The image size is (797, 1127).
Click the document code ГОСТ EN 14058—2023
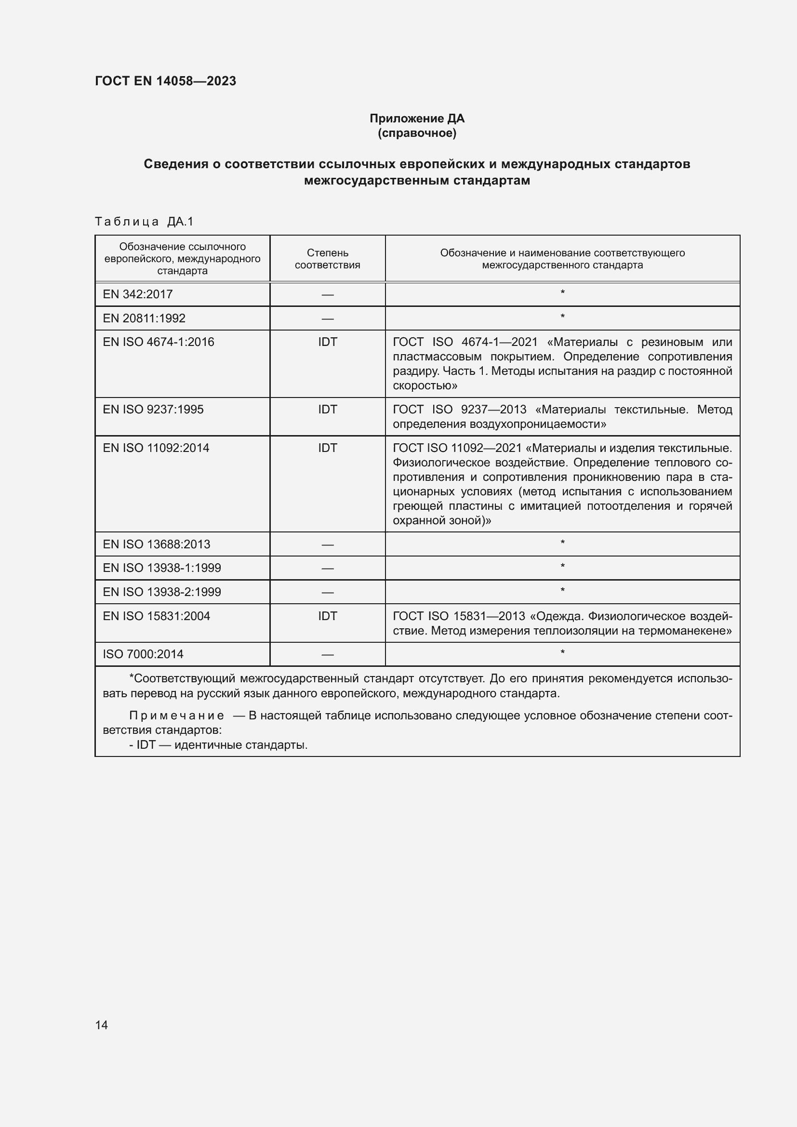(x=165, y=81)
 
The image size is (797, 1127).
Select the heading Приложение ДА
(x=417, y=119)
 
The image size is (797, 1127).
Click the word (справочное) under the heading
(x=417, y=133)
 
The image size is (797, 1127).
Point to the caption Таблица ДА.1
(x=144, y=222)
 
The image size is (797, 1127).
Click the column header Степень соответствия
(x=327, y=259)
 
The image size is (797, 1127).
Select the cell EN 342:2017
(x=138, y=294)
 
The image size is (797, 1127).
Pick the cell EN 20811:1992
(x=144, y=318)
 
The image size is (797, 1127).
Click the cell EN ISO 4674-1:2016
(x=159, y=342)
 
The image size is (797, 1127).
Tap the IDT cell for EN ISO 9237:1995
(x=327, y=410)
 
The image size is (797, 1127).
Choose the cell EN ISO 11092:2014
(x=156, y=448)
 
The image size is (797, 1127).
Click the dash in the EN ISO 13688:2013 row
(x=327, y=545)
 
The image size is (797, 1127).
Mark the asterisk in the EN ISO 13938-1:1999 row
(x=562, y=567)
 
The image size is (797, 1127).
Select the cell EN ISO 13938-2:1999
(x=162, y=592)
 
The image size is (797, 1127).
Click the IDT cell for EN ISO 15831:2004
(x=327, y=616)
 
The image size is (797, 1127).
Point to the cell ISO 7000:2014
(x=143, y=654)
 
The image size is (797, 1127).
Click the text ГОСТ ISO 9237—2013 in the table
(x=459, y=410)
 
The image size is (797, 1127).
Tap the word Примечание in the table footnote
(x=177, y=716)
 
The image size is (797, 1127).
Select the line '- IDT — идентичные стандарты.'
(x=218, y=745)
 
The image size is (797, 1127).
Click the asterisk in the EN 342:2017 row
(x=562, y=293)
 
